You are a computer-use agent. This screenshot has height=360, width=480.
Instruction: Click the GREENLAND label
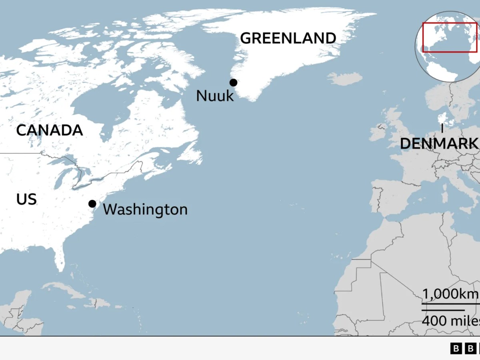point(288,38)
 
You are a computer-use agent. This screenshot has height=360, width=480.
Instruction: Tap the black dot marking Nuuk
point(233,83)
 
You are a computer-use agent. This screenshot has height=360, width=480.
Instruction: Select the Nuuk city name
point(215,96)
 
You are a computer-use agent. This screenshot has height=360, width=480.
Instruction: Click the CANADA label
point(50,130)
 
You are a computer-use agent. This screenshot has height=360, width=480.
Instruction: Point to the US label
point(26,199)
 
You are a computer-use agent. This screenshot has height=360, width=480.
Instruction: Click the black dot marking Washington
point(92,204)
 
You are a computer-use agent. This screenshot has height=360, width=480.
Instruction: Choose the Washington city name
point(145,210)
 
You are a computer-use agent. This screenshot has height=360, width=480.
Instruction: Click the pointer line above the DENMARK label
point(442,129)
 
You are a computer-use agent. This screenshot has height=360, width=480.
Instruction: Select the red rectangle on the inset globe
point(450,37)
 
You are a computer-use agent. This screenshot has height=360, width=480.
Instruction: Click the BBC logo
point(465,348)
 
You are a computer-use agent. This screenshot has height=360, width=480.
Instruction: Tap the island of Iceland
point(345,79)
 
